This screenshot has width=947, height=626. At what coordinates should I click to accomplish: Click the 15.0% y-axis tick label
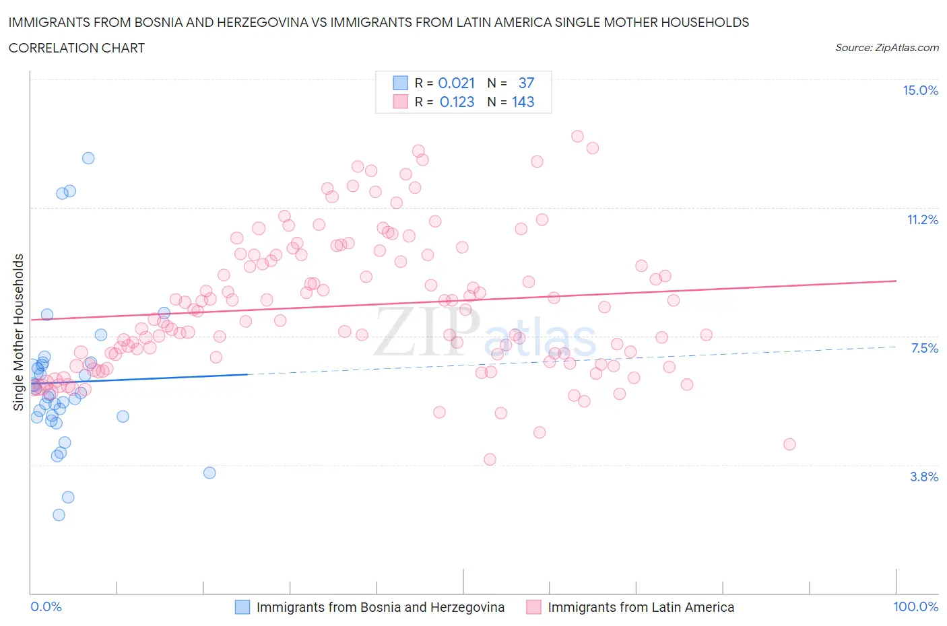click(920, 91)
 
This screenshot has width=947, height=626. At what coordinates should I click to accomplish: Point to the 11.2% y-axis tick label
click(922, 219)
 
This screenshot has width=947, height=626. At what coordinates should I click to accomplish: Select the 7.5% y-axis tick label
click(924, 348)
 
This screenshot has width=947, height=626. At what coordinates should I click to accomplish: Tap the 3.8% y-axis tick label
click(924, 477)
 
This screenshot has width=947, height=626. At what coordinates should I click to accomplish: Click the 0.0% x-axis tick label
click(46, 607)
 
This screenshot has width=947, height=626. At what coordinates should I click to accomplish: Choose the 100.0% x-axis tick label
click(915, 607)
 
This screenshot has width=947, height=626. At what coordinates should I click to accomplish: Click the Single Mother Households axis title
click(19, 332)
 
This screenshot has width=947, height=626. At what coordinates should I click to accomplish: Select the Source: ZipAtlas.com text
click(886, 48)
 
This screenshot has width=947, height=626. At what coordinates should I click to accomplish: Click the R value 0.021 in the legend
click(456, 83)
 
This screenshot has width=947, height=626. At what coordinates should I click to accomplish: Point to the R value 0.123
click(457, 102)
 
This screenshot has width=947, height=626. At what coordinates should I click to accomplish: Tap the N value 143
click(523, 102)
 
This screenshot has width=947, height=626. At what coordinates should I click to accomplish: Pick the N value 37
click(526, 83)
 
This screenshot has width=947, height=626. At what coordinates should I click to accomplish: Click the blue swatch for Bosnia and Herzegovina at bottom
click(242, 607)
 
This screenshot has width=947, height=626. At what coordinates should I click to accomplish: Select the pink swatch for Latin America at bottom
click(533, 607)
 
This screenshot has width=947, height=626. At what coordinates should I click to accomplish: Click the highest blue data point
click(88, 158)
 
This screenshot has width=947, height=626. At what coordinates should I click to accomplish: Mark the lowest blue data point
click(59, 515)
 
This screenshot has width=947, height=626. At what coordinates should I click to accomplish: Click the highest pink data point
click(577, 136)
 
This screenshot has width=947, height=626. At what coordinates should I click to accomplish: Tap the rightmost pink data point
click(789, 444)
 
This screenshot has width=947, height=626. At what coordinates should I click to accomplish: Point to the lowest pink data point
click(490, 459)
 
